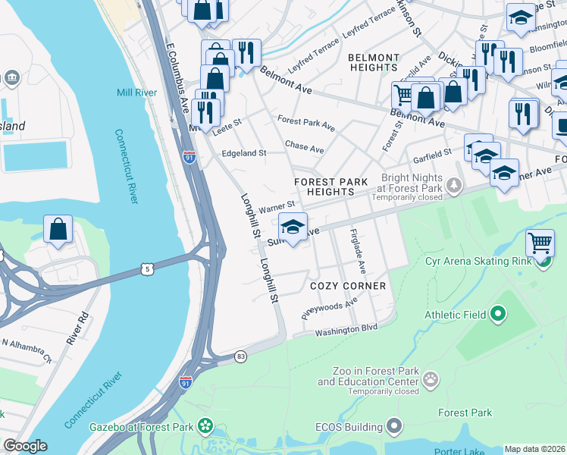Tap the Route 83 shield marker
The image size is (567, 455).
(x=240, y=356)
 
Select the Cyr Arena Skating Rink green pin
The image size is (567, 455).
(x=543, y=262)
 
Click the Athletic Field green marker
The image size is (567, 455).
(x=497, y=313)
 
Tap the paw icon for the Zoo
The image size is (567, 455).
(x=431, y=378)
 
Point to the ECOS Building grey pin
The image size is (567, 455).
(x=393, y=427)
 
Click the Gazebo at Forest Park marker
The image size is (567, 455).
(x=205, y=427)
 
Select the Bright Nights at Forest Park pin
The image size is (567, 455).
(x=453, y=184)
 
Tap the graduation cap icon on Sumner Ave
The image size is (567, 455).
(x=293, y=226)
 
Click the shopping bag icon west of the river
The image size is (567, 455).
(x=58, y=230)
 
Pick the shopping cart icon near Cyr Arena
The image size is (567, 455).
(x=540, y=243)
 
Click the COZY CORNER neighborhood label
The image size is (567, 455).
(x=348, y=286)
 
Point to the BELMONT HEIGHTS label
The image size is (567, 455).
(x=373, y=63)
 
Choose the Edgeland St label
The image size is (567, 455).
(x=243, y=153)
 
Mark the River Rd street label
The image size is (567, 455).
(x=77, y=328)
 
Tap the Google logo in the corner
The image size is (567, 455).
(x=25, y=446)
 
